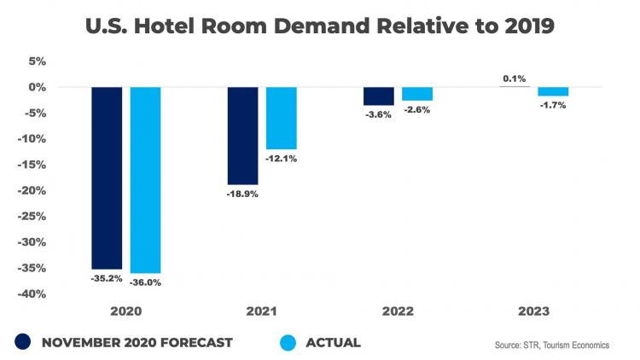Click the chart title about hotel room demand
(320, 26)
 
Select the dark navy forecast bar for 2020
(107, 177)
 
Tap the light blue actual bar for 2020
(145, 179)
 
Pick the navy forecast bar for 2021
(242, 136)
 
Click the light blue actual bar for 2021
(281, 118)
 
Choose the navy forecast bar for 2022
(378, 96)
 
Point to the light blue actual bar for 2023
(552, 91)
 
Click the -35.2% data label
(107, 277)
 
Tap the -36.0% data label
(145, 282)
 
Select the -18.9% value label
(242, 194)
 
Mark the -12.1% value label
(281, 159)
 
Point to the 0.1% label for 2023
(514, 78)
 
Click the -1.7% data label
(552, 105)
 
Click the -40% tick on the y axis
(34, 294)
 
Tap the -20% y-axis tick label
(34, 191)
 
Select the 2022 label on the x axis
(397, 311)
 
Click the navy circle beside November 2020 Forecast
(22, 342)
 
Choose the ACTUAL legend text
(332, 343)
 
